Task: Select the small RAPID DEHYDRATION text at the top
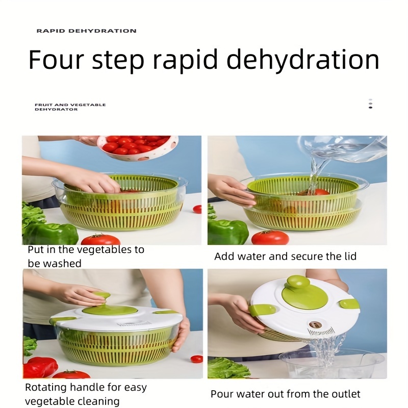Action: (86, 31)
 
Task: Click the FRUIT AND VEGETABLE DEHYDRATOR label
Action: (70, 107)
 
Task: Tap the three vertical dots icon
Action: (370, 104)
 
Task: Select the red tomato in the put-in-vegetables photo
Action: (100, 239)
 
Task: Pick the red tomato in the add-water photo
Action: (270, 238)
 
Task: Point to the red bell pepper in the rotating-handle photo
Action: (41, 367)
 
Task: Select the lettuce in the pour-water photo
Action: (227, 368)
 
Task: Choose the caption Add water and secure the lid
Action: (285, 256)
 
